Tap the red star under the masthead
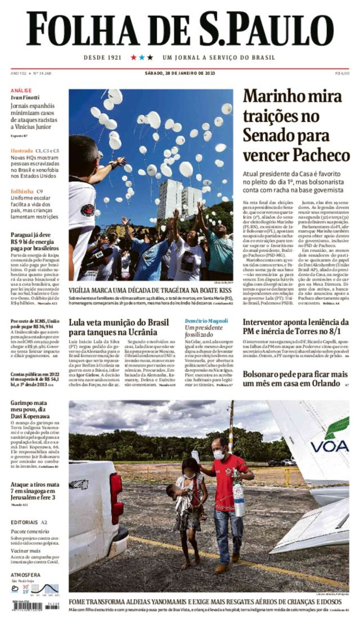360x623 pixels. pyautogui.click(x=134, y=57)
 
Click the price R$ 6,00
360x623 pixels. pyautogui.click(x=342, y=73)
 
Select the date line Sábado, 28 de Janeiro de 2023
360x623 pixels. pyautogui.click(x=180, y=73)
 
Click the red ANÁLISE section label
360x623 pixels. pyautogui.click(x=21, y=91)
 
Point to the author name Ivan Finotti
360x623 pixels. pyautogui.click(x=25, y=97)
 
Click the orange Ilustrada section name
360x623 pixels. pyautogui.click(x=21, y=151)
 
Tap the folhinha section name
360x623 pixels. pyautogui.click(x=22, y=192)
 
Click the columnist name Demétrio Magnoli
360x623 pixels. pyautogui.click(x=206, y=321)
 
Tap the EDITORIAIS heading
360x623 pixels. pyautogui.click(x=24, y=522)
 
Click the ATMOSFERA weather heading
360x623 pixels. pyautogui.click(x=25, y=575)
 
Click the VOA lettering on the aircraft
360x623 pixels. pyautogui.click(x=329, y=447)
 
